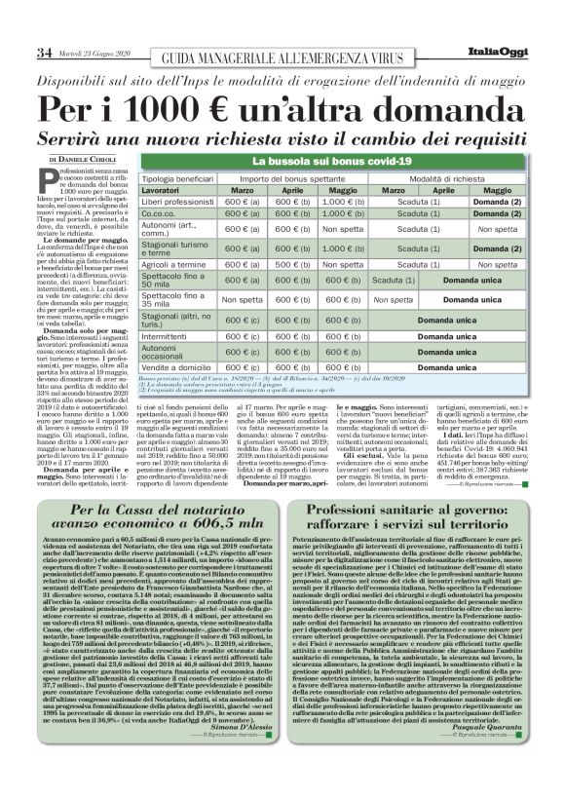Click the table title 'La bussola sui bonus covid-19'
pyautogui.click(x=347, y=158)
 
